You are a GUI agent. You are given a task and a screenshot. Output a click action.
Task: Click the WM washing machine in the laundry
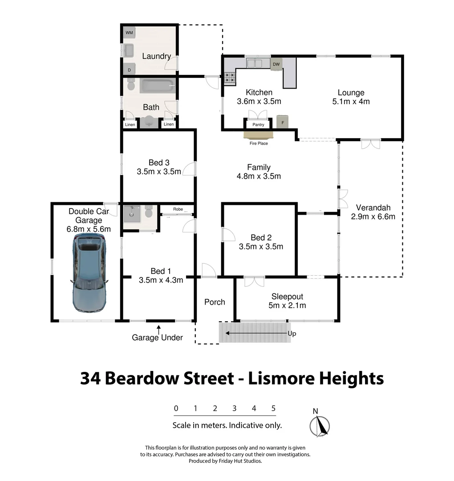129,33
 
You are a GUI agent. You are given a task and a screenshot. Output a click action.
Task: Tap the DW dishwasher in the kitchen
276,65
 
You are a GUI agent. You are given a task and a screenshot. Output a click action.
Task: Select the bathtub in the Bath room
158,86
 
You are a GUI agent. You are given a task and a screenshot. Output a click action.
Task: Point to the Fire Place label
259,143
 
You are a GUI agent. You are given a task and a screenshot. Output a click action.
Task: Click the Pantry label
258,125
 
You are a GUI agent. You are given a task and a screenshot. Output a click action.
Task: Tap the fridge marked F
282,122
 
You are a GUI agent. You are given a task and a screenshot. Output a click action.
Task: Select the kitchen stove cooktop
229,79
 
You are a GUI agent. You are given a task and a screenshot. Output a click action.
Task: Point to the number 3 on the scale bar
234,408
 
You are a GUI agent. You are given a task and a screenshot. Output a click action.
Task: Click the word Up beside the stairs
292,333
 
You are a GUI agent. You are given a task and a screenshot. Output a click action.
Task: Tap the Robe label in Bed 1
178,208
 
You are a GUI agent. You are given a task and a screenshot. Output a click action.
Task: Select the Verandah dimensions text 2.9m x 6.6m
373,217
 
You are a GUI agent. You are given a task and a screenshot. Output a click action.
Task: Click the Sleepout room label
287,297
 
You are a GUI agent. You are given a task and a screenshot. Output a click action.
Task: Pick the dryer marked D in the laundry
129,69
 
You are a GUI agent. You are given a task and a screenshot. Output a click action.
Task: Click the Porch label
215,302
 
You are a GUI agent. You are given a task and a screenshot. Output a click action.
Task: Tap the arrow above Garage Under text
158,329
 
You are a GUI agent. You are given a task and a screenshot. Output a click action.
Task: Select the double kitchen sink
255,63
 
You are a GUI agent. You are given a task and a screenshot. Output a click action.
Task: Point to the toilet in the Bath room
131,84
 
